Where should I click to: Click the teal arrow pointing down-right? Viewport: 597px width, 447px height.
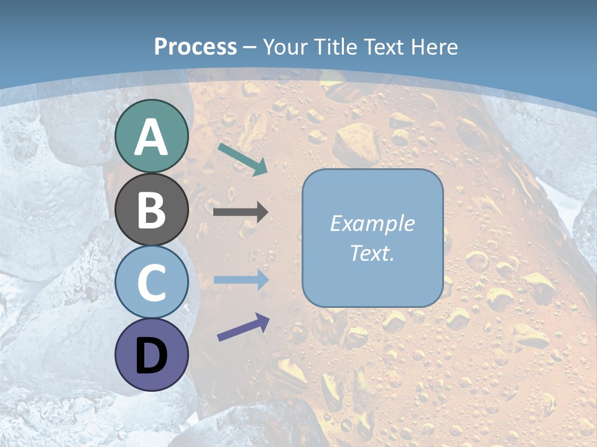pyautogui.click(x=243, y=158)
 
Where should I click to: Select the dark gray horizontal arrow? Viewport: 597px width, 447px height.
pyautogui.click(x=241, y=212)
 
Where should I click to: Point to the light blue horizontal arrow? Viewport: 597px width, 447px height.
pyautogui.click(x=241, y=280)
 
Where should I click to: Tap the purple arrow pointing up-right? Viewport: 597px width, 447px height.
pyautogui.click(x=243, y=327)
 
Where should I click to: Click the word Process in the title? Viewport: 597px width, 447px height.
pyautogui.click(x=195, y=47)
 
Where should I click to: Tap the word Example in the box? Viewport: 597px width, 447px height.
pyautogui.click(x=372, y=223)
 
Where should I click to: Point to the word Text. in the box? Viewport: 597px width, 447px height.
pyautogui.click(x=372, y=253)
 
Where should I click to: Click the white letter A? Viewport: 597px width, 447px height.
pyautogui.click(x=152, y=138)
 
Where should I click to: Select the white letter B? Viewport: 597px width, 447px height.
pyautogui.click(x=152, y=210)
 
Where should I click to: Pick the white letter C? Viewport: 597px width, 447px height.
pyautogui.click(x=152, y=282)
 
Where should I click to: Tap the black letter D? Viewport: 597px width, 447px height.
pyautogui.click(x=152, y=356)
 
